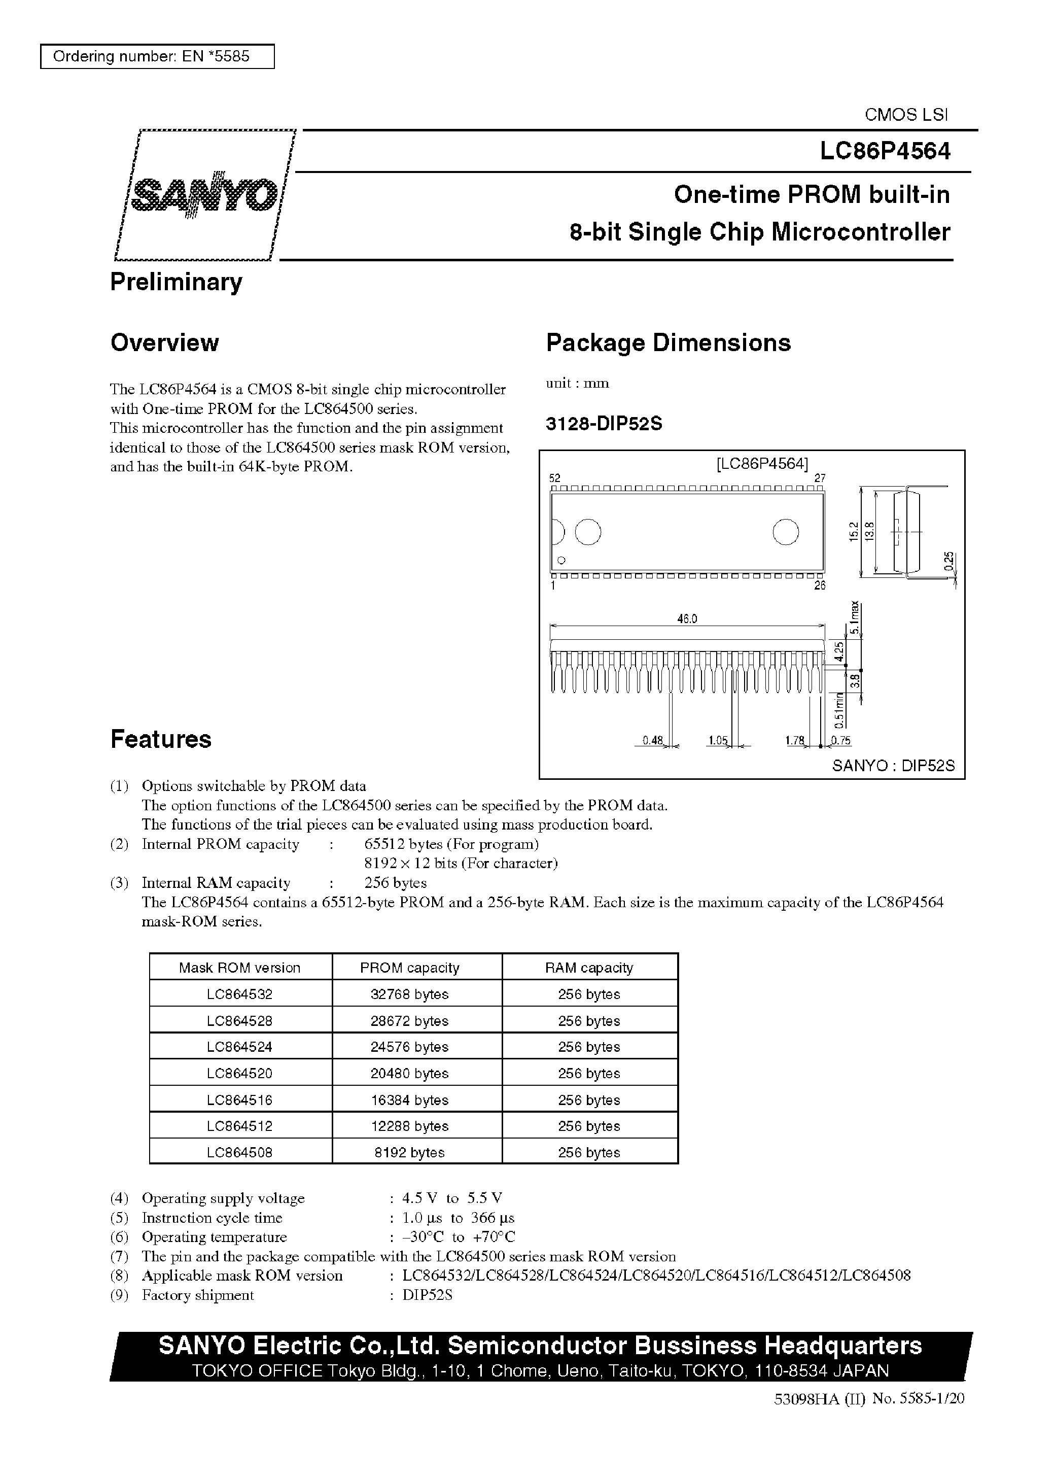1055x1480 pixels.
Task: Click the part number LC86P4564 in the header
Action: pyautogui.click(x=884, y=151)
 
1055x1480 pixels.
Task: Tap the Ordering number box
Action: pyautogui.click(x=157, y=56)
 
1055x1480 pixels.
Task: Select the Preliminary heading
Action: pyautogui.click(x=176, y=282)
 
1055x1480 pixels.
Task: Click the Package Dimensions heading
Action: pyautogui.click(x=668, y=343)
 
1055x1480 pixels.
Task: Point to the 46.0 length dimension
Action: pyautogui.click(x=687, y=619)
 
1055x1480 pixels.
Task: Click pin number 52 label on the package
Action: pyautogui.click(x=554, y=478)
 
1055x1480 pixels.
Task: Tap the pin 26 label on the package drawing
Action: pyautogui.click(x=820, y=586)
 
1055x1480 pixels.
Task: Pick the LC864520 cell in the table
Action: pyautogui.click(x=240, y=1073)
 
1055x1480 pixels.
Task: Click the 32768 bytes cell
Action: pyautogui.click(x=409, y=994)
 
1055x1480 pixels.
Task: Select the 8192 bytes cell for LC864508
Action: pyautogui.click(x=409, y=1153)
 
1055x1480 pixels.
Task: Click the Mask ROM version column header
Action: pyautogui.click(x=240, y=968)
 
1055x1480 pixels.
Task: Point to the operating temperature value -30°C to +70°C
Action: pyautogui.click(x=459, y=1237)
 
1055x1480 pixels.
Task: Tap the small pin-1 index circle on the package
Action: pyautogui.click(x=561, y=560)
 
